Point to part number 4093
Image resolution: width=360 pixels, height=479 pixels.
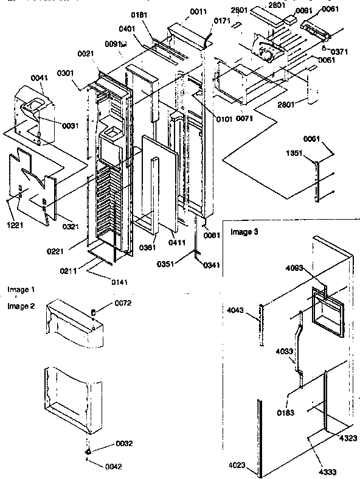tap(298, 265)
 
